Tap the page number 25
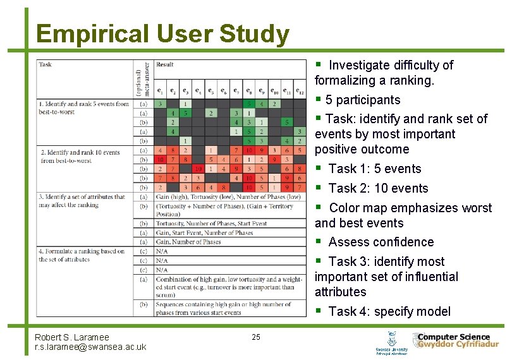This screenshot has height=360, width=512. [x=255, y=337]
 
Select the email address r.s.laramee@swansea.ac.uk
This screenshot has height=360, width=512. [x=90, y=347]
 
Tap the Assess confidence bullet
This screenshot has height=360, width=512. [x=381, y=242]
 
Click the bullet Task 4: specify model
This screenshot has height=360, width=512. [x=389, y=311]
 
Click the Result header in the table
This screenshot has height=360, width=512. [x=165, y=65]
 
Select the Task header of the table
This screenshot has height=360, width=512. [x=46, y=65]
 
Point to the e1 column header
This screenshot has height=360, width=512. [x=161, y=91]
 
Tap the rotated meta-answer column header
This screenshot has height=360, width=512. [x=143, y=79]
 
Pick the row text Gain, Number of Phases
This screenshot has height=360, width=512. [x=188, y=242]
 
